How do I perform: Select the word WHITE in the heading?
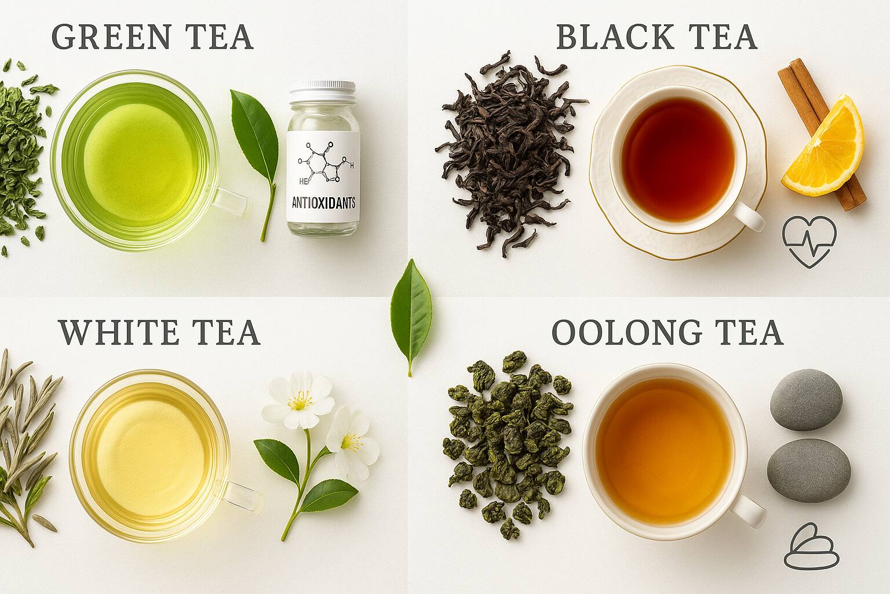tap(118, 332)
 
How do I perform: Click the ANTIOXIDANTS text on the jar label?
tap(323, 204)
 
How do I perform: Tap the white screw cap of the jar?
tap(322, 91)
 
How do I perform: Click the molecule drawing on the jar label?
tap(324, 163)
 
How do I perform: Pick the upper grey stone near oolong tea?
tap(806, 400)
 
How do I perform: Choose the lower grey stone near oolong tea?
tap(809, 470)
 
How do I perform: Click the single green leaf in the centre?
tap(411, 314)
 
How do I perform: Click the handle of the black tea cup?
tap(749, 217)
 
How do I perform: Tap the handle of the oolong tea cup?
tap(750, 511)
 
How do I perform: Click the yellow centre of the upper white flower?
tap(300, 400)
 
